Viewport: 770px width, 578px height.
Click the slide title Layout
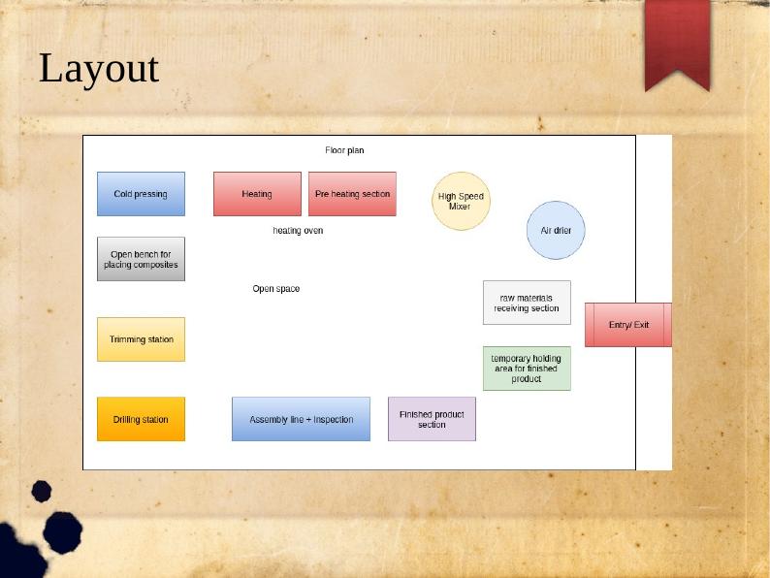(x=98, y=70)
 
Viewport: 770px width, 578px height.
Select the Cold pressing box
(x=141, y=194)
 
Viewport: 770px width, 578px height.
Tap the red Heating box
(x=257, y=194)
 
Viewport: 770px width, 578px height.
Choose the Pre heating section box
(x=352, y=194)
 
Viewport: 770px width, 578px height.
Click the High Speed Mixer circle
(x=461, y=201)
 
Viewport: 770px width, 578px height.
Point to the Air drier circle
(x=557, y=230)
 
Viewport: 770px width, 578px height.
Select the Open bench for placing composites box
(x=141, y=259)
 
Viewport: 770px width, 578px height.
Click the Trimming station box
(x=141, y=339)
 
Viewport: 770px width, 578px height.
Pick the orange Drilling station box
(x=141, y=419)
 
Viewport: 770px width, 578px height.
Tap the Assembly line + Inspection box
(x=301, y=419)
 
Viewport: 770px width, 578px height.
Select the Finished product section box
(x=432, y=419)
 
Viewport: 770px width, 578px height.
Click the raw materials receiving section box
(x=527, y=303)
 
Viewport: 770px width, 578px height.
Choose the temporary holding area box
(x=527, y=369)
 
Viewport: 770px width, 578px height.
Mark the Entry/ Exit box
(x=628, y=325)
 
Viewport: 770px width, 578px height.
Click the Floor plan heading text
(x=344, y=150)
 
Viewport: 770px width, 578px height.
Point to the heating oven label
(x=298, y=231)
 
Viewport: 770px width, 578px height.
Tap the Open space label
(x=276, y=289)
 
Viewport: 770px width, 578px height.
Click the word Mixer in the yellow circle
(x=460, y=207)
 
